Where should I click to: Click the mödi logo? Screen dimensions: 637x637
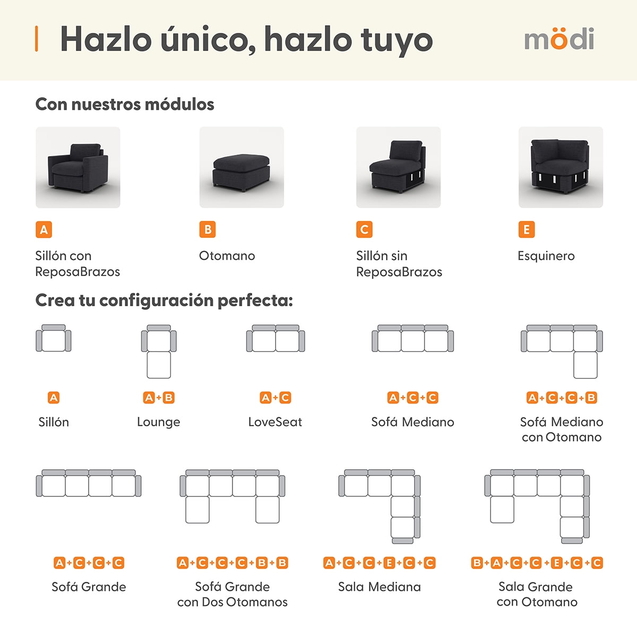tap(559, 39)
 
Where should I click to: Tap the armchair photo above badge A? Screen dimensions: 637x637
tap(78, 167)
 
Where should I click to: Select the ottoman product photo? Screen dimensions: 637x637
tap(242, 167)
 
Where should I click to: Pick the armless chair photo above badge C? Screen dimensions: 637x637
tap(398, 167)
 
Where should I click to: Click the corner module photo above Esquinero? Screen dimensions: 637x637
tap(561, 167)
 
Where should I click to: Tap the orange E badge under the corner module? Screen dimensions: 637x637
tap(527, 229)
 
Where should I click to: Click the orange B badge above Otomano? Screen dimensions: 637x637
tap(207, 229)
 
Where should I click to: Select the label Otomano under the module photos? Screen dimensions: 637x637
tap(227, 255)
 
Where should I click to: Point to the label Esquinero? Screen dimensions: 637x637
tap(546, 255)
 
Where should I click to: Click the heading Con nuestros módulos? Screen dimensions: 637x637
tap(125, 104)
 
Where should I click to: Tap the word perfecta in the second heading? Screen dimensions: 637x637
tap(255, 300)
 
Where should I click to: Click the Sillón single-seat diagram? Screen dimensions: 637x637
tap(54, 338)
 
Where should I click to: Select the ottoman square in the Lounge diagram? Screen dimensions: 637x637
tap(159, 365)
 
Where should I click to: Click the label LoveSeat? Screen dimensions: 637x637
tap(275, 422)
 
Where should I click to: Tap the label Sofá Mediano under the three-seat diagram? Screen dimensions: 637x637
tap(412, 422)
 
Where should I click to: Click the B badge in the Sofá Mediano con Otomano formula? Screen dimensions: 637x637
tap(591, 398)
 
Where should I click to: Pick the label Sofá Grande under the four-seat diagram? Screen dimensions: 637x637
tap(89, 587)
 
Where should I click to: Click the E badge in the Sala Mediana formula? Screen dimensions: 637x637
tap(389, 563)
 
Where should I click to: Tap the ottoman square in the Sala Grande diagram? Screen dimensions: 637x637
tap(502, 510)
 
